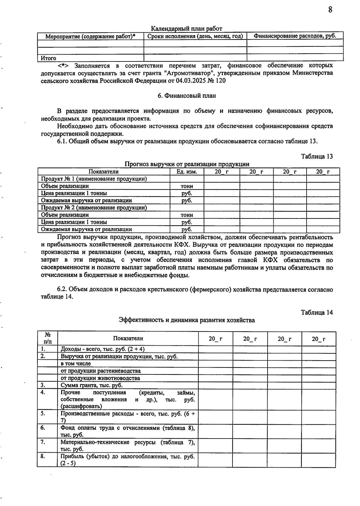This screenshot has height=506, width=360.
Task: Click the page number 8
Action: (x=330, y=10)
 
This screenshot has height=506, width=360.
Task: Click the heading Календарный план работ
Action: (x=186, y=29)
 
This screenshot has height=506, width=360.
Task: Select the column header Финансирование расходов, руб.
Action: (x=295, y=36)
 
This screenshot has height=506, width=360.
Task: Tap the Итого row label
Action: (x=49, y=58)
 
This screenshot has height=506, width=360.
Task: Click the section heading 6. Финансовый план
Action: (x=187, y=96)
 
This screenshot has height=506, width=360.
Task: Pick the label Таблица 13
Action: (x=317, y=156)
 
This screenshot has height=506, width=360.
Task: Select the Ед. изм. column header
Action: (x=187, y=172)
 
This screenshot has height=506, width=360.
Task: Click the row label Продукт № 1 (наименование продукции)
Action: (x=94, y=179)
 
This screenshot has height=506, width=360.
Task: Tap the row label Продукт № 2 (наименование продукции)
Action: (x=94, y=208)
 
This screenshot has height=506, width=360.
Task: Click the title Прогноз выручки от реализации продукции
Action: (x=187, y=164)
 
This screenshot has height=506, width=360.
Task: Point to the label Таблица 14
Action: (x=317, y=312)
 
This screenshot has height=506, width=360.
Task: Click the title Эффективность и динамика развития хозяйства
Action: (x=187, y=320)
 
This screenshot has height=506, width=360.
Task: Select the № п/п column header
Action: (x=47, y=338)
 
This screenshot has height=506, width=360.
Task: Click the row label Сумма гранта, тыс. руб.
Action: (x=91, y=385)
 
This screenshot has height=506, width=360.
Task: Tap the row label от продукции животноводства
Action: (x=100, y=378)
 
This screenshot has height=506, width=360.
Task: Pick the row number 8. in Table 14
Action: (x=43, y=456)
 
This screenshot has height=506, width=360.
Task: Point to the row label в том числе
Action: (x=76, y=364)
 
